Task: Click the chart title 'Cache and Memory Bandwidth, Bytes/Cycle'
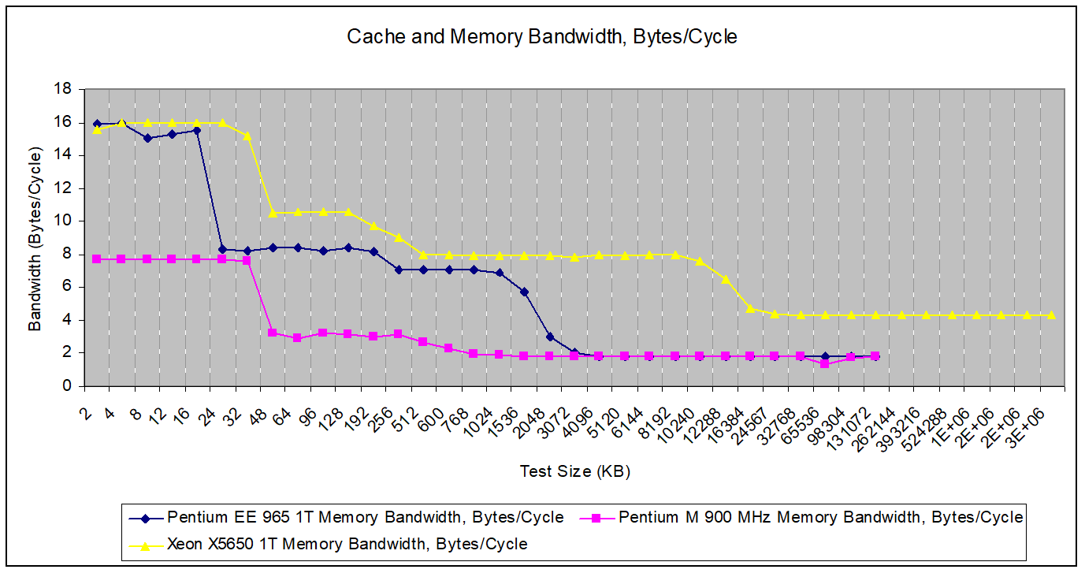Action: tap(542, 37)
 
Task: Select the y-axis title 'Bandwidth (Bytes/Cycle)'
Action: tap(35, 238)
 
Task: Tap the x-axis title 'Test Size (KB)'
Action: tap(574, 471)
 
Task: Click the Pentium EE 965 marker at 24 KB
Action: tap(222, 249)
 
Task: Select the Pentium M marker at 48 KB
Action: tap(272, 333)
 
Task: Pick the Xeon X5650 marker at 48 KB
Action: tap(272, 213)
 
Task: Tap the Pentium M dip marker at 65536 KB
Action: tap(825, 363)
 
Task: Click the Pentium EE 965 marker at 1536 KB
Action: tap(524, 292)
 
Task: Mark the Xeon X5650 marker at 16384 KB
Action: tap(749, 308)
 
